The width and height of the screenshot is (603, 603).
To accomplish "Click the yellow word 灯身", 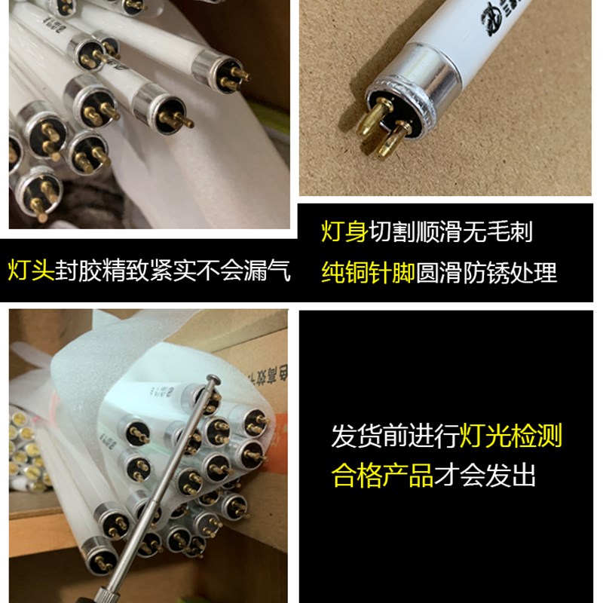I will pyautogui.click(x=344, y=232).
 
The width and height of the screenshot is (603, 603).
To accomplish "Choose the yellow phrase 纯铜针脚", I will pyautogui.click(x=368, y=272).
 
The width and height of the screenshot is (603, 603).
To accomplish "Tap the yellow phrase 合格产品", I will pyautogui.click(x=383, y=476).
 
